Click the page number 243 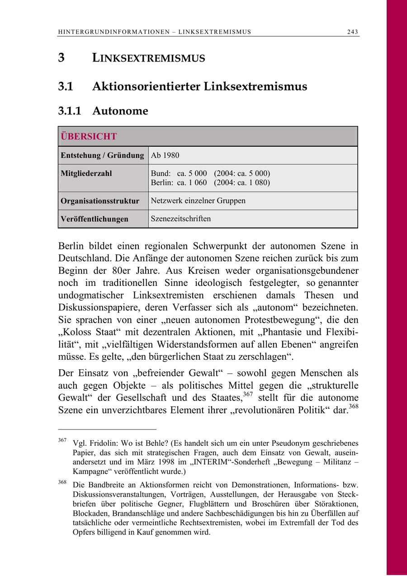353,32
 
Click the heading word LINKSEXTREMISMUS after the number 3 148,58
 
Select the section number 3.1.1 69,111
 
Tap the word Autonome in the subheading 120,111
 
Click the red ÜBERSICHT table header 89,137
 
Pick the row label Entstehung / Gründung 102,155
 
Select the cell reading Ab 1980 165,155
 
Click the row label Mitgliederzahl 86,173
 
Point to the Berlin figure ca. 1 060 192,183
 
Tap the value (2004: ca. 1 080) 242,183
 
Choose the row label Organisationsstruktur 100,200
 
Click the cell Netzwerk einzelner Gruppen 198,200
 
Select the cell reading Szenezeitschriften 181,219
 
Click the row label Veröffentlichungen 95,219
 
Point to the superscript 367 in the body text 247,395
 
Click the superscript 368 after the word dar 353,407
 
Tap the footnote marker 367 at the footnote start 62,440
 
